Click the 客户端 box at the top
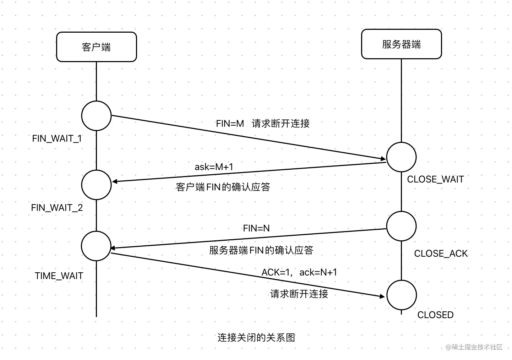coord(96,47)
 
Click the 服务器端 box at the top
coord(401,44)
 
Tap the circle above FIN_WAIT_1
coord(96,116)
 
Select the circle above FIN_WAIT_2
coord(96,185)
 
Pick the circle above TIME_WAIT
coord(96,246)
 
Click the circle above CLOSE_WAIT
coord(401,157)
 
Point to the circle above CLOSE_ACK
coord(401,226)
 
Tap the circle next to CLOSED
coord(401,295)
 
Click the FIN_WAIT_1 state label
coord(57,138)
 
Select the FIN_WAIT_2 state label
coord(57,208)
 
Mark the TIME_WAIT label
coord(59,276)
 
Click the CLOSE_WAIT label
coord(435,179)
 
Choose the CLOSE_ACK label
coord(441,253)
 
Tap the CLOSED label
coord(435,315)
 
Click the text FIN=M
coord(230,124)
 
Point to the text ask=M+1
coord(214,167)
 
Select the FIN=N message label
coord(256,228)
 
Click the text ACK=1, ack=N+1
coord(299,272)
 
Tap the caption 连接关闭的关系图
coord(256,337)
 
